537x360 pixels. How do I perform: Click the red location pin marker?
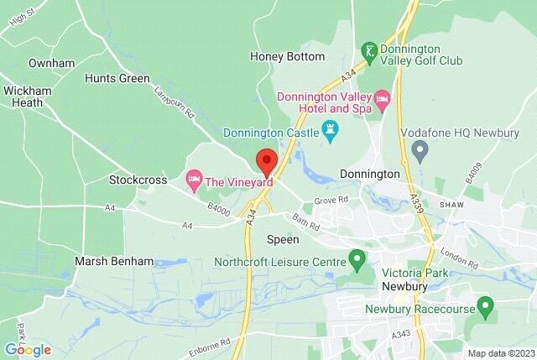[267, 160]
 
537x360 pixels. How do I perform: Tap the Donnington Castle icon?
[330, 131]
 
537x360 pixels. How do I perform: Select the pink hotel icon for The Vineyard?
[194, 180]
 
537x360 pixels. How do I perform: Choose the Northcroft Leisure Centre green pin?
[357, 258]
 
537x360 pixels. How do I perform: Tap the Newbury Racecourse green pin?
[483, 305]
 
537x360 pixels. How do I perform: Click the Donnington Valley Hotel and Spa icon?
[383, 102]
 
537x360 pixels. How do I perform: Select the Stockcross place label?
[134, 180]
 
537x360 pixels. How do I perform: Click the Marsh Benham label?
[114, 261]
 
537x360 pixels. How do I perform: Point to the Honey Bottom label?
[288, 56]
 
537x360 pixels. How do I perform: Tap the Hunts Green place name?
[117, 78]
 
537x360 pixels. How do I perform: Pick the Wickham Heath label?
[28, 97]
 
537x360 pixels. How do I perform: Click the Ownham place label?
[51, 63]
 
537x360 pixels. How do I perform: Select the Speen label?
[282, 240]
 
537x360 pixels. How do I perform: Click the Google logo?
[28, 350]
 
